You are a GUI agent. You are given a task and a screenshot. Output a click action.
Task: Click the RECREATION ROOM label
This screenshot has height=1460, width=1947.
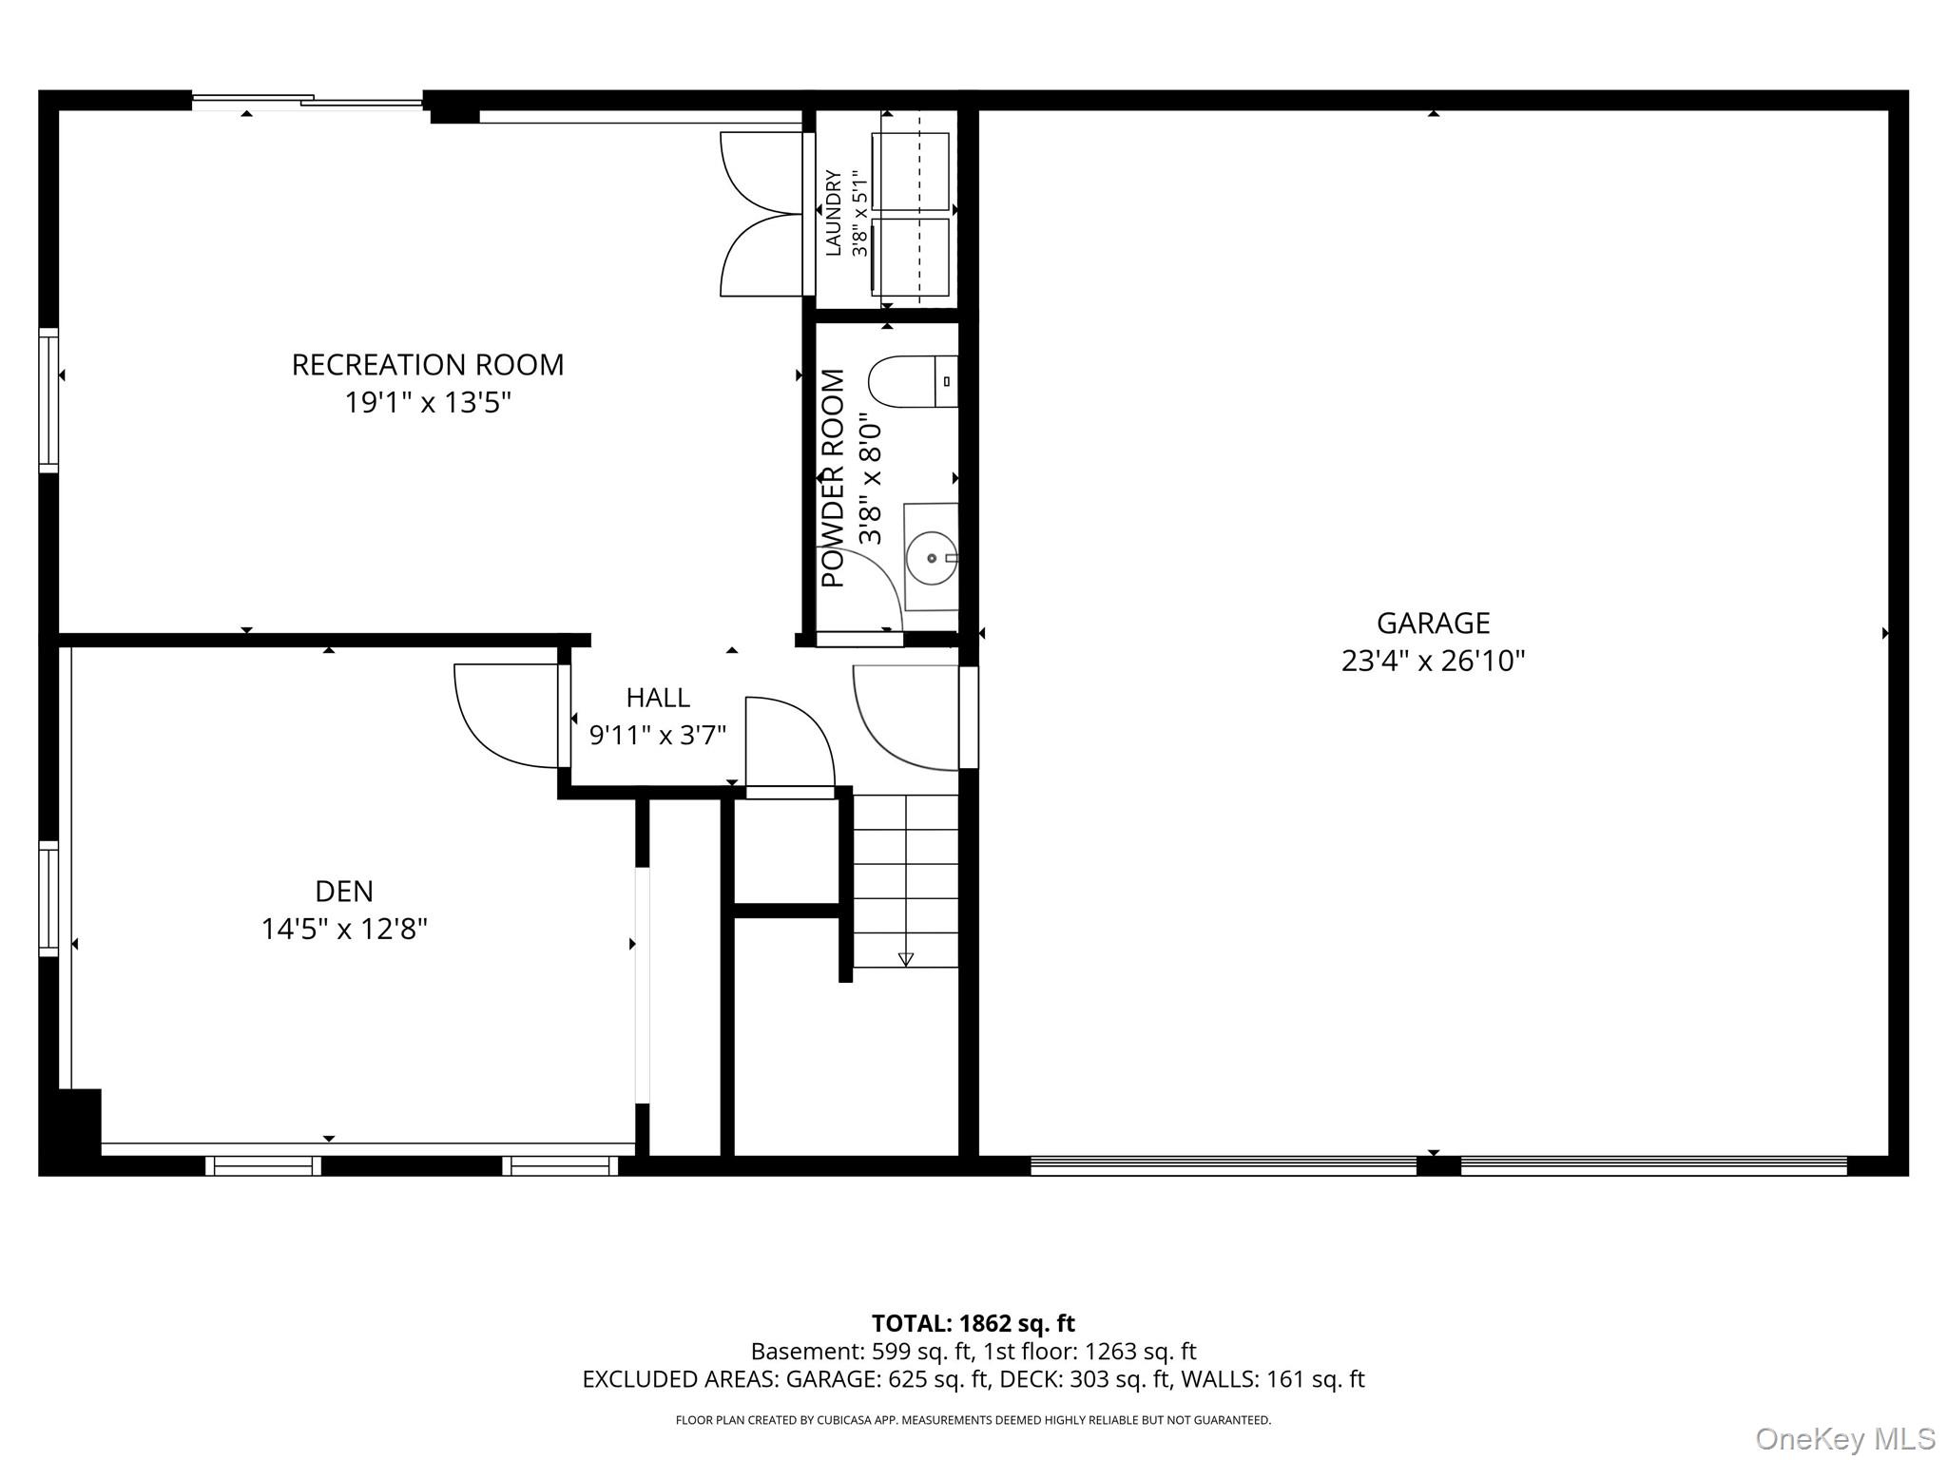[427, 365]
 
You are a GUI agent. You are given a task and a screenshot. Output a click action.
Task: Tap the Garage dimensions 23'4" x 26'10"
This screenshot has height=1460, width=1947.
[1433, 661]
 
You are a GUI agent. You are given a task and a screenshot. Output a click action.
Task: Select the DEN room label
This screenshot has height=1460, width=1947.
[343, 891]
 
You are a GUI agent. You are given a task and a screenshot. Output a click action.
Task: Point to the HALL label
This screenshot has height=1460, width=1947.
[658, 698]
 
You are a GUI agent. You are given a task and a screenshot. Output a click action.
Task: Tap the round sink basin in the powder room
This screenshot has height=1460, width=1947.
[931, 559]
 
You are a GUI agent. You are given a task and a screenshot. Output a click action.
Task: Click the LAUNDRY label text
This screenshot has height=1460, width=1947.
[834, 213]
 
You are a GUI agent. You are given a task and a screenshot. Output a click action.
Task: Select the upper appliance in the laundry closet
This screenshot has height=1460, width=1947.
[910, 171]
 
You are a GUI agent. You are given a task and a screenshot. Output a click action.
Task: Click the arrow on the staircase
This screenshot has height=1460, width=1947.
[905, 958]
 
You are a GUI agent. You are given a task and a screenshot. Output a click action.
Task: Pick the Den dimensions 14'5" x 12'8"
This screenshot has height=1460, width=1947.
[344, 929]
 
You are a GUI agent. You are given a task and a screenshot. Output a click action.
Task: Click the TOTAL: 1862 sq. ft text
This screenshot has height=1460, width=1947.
[973, 1323]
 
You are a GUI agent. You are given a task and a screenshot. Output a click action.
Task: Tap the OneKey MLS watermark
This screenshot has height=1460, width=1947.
[1844, 1438]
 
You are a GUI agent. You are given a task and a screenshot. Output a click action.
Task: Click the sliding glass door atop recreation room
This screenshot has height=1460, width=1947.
[307, 100]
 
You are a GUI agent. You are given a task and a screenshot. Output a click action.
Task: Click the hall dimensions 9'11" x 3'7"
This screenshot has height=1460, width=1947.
[658, 735]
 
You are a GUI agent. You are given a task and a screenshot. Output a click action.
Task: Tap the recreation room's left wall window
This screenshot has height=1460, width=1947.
[48, 400]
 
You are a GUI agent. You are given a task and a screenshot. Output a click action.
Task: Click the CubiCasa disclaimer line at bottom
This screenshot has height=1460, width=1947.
[973, 1420]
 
